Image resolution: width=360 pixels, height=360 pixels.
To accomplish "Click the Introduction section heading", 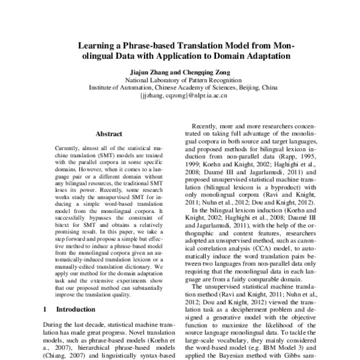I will (75, 309).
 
